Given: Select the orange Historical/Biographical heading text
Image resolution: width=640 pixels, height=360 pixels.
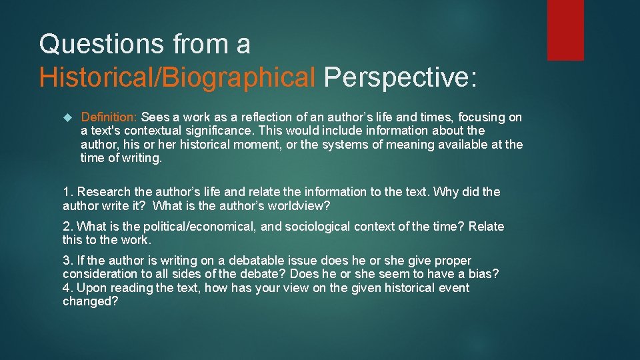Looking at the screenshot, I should coord(177,77).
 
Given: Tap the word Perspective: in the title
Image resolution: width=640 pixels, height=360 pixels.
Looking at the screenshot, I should coord(401,77).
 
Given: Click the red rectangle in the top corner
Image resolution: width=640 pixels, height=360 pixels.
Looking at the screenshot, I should coord(565,30).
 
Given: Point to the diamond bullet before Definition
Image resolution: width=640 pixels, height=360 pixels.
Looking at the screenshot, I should coord(66,118).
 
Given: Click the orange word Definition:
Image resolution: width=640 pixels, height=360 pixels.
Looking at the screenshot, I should coord(109,117).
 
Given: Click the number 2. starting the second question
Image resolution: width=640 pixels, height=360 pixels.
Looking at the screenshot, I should coord(67,227).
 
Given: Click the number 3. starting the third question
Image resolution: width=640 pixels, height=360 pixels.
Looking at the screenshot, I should coord(67,261).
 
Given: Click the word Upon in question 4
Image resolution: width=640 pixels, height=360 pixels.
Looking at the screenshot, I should coord(91,288).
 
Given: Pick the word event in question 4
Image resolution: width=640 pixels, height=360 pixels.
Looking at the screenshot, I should coord(453,288).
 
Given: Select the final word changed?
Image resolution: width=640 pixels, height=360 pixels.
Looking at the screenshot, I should coord(89,301).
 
